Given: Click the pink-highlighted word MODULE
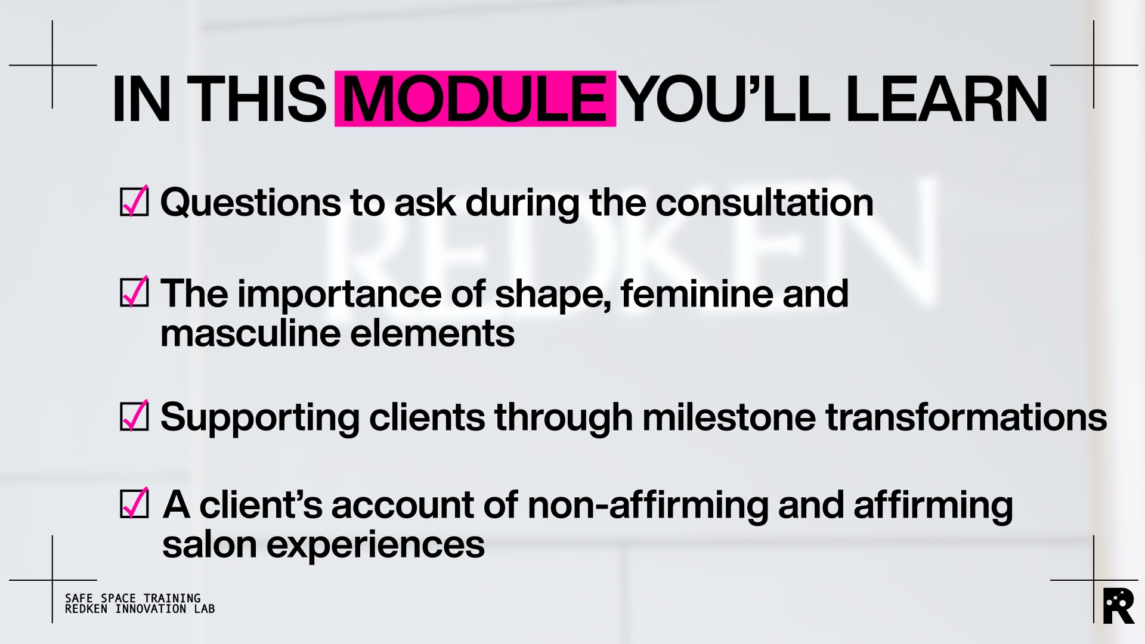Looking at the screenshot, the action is point(475,99).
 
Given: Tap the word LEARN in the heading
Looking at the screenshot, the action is point(946,99).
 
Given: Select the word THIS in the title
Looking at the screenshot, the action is point(257,99).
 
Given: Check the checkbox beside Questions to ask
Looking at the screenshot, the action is point(134,201).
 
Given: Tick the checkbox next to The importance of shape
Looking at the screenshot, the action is point(134,292).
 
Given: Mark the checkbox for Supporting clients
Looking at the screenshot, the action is point(134,415).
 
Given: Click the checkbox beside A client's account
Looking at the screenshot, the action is point(134,503).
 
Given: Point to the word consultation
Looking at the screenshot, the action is point(765,202).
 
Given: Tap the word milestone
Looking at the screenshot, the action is point(729,417).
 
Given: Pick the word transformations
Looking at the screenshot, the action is point(966,417).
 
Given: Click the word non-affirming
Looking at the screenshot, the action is point(648,505).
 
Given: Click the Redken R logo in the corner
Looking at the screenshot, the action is point(1119,606).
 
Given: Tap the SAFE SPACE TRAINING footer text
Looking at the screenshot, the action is point(132,598).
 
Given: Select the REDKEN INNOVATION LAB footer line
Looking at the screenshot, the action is point(140,609).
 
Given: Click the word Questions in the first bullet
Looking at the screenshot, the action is point(250,203).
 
